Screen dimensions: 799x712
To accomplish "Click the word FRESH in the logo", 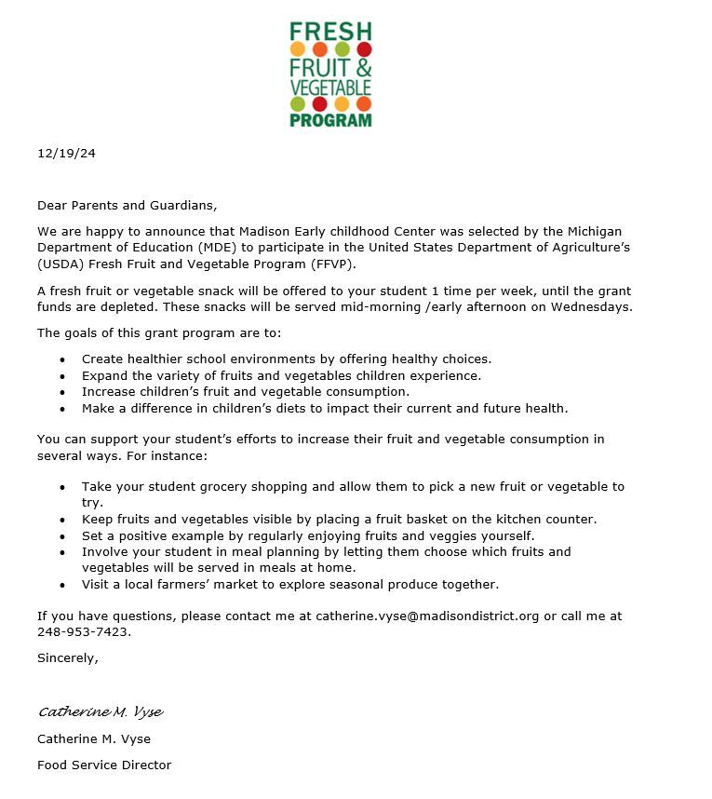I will point(330,31).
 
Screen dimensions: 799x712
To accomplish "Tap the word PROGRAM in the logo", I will point(330,119).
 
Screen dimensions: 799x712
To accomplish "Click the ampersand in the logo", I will point(363,67).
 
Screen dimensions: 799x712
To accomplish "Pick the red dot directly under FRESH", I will point(364,48).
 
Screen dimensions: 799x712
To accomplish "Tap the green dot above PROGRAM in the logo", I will point(298,103).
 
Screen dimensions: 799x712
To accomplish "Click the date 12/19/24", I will point(66,154).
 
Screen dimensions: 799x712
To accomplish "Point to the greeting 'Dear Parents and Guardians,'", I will point(127,205).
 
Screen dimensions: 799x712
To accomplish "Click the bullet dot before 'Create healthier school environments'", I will point(62,359).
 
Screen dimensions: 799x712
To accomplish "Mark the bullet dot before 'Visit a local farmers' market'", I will point(62,585).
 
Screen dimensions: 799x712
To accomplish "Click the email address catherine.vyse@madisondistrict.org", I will point(427,616).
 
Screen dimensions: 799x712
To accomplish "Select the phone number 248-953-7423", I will point(83,631).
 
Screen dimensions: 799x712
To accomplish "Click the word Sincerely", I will point(67,657).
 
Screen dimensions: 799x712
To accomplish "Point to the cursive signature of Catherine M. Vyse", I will point(101,712).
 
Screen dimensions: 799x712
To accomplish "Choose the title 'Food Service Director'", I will point(104,765).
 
